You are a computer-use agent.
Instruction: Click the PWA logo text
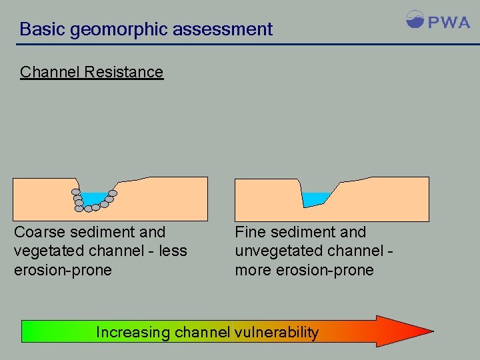[x=449, y=22]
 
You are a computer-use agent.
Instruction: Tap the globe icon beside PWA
[x=415, y=19]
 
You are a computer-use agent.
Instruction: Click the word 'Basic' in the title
[x=41, y=29]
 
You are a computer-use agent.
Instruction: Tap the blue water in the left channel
[x=95, y=198]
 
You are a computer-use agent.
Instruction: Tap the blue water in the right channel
[x=315, y=199]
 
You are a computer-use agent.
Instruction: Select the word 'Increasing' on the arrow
[x=133, y=332]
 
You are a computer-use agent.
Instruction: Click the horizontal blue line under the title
[x=240, y=45]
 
